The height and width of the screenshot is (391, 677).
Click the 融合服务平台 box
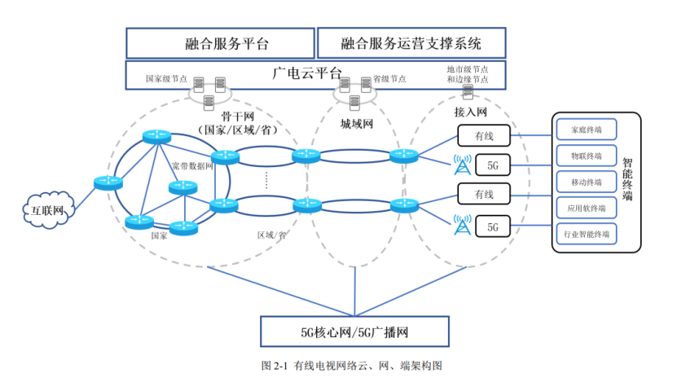pyautogui.click(x=220, y=43)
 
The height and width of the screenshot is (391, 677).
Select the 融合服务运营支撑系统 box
pyautogui.click(x=411, y=42)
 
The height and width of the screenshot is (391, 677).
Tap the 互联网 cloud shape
pyautogui.click(x=47, y=209)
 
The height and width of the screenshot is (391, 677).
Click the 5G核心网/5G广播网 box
pyautogui.click(x=354, y=332)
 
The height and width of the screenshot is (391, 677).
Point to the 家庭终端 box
pyautogui.click(x=587, y=129)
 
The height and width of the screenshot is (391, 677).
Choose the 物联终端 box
pyautogui.click(x=587, y=155)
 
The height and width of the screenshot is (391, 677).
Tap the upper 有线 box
pyautogui.click(x=484, y=134)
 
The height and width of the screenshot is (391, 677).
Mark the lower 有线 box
pyautogui.click(x=484, y=194)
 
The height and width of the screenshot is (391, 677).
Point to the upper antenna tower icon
pyautogui.click(x=462, y=163)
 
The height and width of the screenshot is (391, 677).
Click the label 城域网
pyautogui.click(x=356, y=125)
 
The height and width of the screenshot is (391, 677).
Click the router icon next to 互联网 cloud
pyautogui.click(x=107, y=182)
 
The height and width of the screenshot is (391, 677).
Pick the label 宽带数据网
pyautogui.click(x=192, y=165)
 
